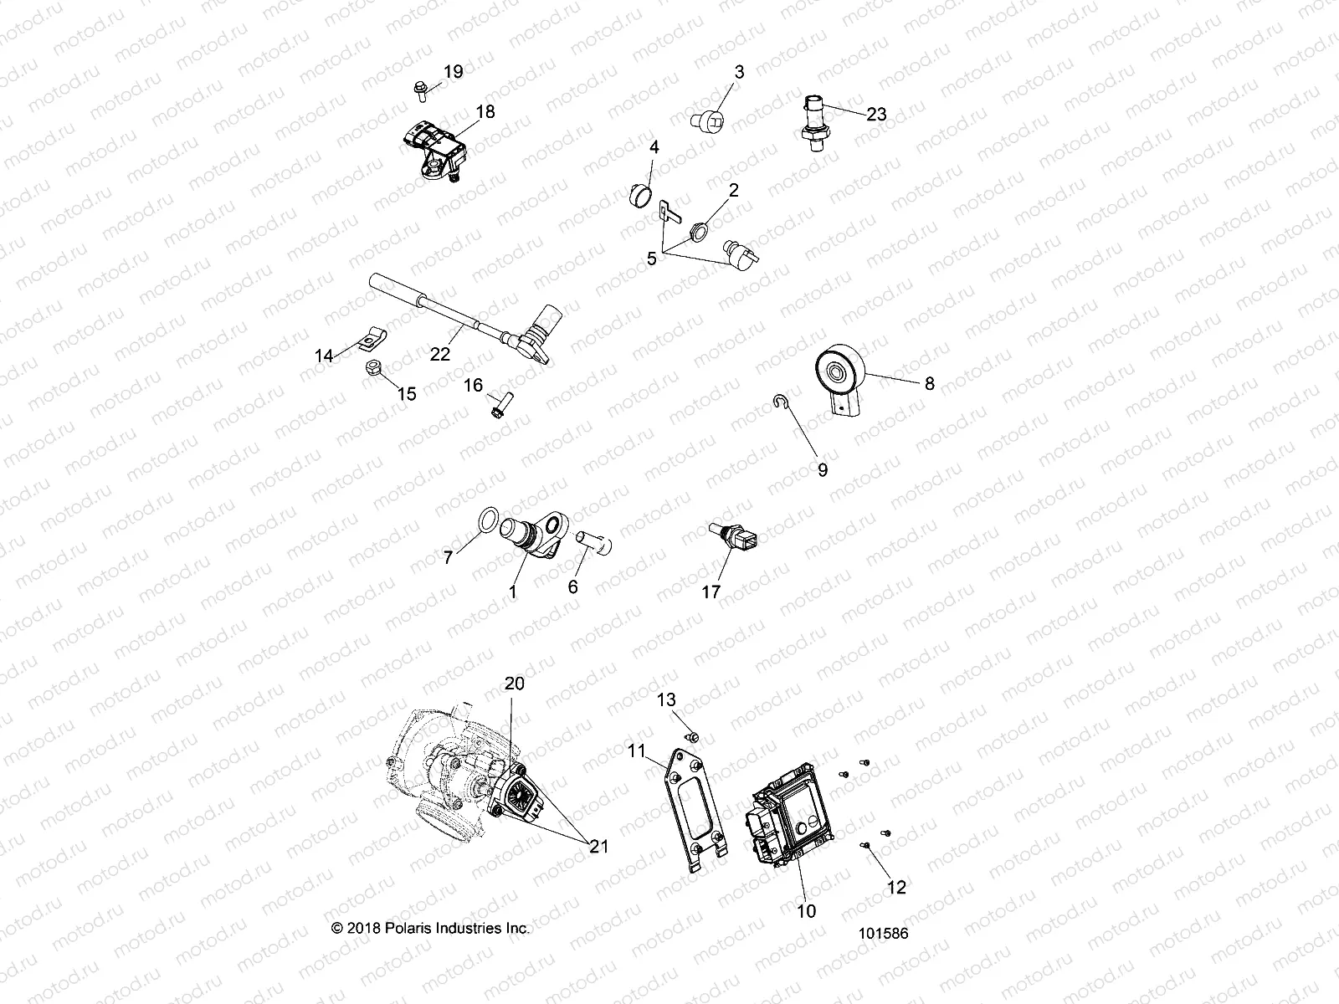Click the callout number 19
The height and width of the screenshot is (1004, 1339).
(453, 72)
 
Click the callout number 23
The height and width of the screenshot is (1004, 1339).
(876, 115)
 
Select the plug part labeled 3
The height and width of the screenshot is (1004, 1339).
(707, 120)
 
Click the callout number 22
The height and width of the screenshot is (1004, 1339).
(440, 354)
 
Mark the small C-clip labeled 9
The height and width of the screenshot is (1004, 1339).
(778, 404)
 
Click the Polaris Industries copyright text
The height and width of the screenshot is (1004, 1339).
(430, 928)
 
